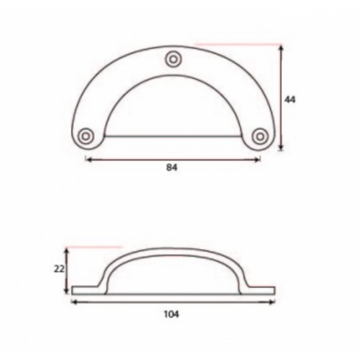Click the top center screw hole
(x=174, y=58)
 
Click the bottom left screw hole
(x=85, y=136)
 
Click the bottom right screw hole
(x=259, y=136)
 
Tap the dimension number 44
(x=290, y=99)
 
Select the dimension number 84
(x=172, y=167)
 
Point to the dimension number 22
(x=59, y=269)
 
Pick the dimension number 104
(x=172, y=314)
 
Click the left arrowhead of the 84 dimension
(x=88, y=159)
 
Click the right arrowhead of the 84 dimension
(x=257, y=159)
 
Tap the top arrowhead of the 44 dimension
(x=281, y=48)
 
